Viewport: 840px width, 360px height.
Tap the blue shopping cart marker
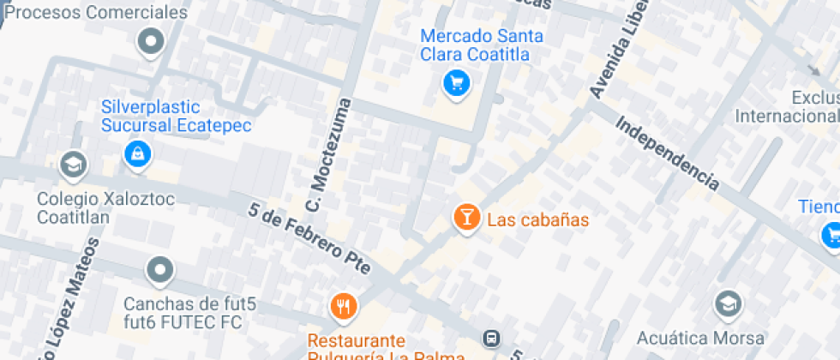point(456,83)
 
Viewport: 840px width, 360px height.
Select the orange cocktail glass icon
point(466,218)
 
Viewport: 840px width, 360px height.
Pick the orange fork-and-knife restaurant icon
point(343,306)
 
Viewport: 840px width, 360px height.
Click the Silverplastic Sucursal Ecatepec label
point(176,117)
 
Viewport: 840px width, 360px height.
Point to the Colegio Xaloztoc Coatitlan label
point(86,207)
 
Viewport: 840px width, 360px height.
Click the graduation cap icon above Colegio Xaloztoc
point(73,164)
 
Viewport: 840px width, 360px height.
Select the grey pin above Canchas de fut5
point(160,272)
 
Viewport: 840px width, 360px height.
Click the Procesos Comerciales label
point(101,13)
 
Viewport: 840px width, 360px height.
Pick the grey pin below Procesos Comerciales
point(151,41)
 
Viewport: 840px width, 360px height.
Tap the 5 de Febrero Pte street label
point(309,239)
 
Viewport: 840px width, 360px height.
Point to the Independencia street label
point(666,153)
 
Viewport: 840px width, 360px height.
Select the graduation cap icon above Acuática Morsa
point(728,303)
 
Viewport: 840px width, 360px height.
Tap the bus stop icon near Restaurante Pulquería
point(492,339)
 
